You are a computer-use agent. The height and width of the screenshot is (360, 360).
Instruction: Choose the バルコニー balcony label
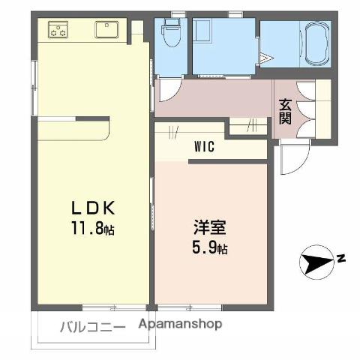(91, 326)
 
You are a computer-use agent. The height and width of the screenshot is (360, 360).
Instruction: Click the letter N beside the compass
(341, 259)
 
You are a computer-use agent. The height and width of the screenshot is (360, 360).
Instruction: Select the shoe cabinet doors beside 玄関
(306, 109)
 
